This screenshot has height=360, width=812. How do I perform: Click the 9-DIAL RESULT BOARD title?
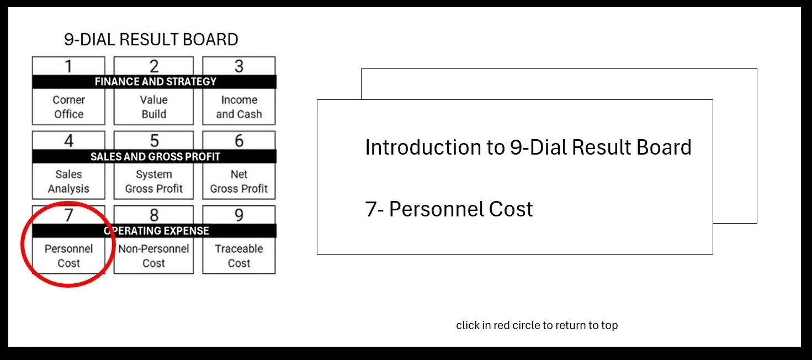(x=151, y=40)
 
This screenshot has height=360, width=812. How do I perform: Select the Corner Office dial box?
(x=68, y=107)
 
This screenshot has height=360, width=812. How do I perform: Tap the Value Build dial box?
(x=153, y=107)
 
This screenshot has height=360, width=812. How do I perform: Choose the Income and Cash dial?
(x=238, y=107)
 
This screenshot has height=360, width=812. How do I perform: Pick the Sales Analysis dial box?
(x=68, y=182)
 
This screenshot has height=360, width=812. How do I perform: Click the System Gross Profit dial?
(x=153, y=182)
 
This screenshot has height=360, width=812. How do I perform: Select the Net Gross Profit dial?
(x=238, y=182)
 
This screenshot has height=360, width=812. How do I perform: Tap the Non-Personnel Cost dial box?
(x=153, y=256)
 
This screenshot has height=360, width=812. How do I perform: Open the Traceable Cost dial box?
(x=238, y=256)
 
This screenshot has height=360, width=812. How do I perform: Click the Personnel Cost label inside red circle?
(x=68, y=256)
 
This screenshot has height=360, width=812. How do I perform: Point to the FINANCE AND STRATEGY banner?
(x=155, y=82)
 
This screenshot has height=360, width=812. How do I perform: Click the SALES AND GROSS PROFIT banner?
(x=155, y=156)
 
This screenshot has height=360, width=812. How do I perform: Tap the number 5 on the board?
(x=154, y=141)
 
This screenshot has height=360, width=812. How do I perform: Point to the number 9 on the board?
(x=238, y=215)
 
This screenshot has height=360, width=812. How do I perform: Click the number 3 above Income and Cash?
(x=238, y=66)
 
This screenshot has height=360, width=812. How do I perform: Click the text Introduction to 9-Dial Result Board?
(x=528, y=147)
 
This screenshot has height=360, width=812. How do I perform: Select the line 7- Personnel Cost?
(x=449, y=209)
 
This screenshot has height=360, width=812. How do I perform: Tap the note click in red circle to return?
(x=537, y=325)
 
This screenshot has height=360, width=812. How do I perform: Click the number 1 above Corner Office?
(x=68, y=66)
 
